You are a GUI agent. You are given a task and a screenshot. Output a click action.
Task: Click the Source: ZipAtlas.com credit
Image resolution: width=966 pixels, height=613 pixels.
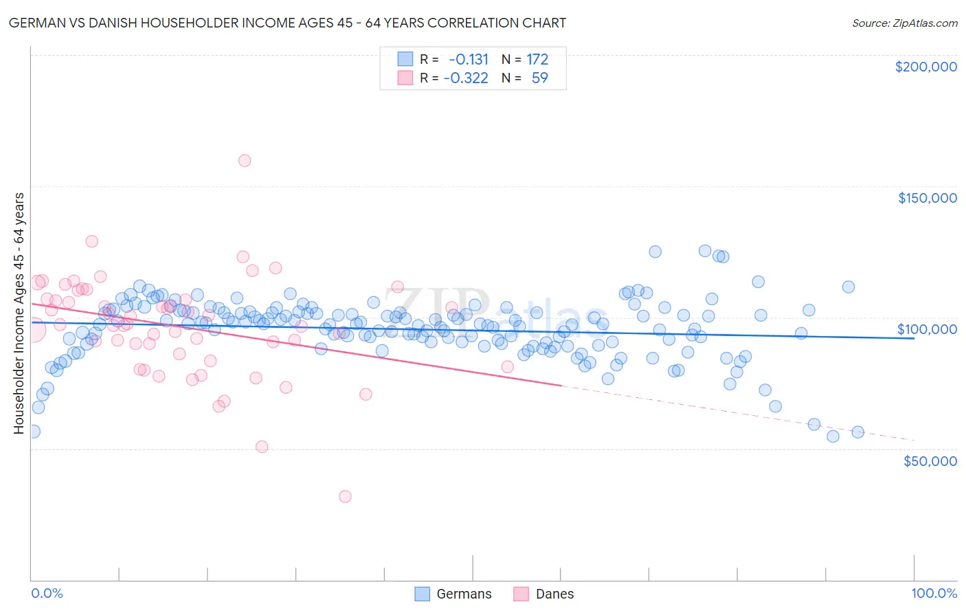coord(904,23)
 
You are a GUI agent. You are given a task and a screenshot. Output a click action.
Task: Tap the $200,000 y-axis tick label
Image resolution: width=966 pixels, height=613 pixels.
coord(925,67)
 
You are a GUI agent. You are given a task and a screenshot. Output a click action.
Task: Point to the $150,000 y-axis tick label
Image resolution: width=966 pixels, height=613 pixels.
coord(927,198)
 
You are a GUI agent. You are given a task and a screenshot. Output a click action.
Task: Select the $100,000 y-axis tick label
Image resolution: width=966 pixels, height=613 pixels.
coord(927,329)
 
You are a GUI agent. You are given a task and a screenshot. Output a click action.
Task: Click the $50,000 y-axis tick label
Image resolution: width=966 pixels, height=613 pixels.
coord(930,460)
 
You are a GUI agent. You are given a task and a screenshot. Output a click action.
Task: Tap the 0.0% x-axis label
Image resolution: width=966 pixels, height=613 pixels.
coord(47,593)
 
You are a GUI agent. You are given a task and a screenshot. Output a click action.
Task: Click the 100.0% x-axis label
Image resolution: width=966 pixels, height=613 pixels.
coord(934,593)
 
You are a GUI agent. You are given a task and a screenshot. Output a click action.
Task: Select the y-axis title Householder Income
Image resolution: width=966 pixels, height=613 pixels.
coord(19,313)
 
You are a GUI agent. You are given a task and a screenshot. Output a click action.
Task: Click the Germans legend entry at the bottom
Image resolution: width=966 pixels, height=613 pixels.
coord(453,594)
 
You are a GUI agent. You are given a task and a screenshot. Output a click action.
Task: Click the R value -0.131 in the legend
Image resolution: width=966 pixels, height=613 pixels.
coord(469,59)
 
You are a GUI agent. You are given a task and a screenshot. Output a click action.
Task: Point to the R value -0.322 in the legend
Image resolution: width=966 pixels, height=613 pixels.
coord(466,78)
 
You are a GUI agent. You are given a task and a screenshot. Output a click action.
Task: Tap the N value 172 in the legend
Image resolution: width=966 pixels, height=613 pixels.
coord(537,59)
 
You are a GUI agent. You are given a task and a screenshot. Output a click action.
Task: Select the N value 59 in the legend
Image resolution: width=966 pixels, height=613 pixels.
coord(539,78)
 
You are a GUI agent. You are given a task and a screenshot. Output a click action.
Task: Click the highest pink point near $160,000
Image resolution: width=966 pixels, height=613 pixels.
coord(245,161)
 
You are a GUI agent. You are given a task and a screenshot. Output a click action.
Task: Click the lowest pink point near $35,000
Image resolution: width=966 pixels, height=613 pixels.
coord(345,496)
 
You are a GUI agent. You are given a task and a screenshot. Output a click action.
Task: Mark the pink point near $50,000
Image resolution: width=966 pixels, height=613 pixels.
coord(262,447)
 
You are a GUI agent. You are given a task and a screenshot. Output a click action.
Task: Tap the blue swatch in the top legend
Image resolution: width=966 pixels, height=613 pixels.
coord(405,59)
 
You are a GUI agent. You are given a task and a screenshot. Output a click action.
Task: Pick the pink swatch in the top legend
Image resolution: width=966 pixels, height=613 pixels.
coord(405,78)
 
